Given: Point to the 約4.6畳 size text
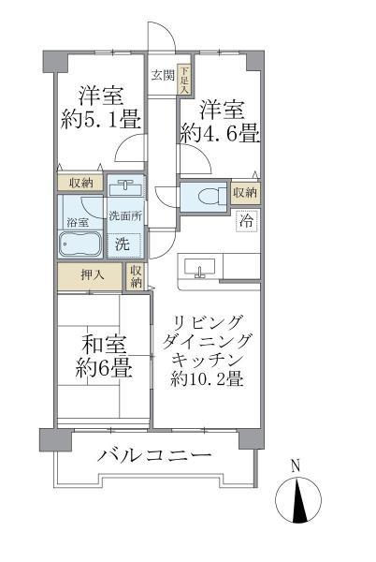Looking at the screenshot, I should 221,134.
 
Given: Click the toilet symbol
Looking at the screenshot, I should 207,196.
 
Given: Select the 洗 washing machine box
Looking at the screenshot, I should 124,245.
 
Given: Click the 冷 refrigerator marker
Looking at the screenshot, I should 247,222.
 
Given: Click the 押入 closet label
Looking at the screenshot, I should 89,276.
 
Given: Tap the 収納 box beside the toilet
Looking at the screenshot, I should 245,192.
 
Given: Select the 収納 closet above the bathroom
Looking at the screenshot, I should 80,184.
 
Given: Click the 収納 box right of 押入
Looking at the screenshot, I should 137,276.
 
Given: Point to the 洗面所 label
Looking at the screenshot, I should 124,216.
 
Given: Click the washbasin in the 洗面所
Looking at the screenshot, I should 126,186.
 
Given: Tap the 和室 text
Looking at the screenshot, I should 102,342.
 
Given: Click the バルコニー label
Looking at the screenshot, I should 155,456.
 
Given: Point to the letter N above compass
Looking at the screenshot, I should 296,466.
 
